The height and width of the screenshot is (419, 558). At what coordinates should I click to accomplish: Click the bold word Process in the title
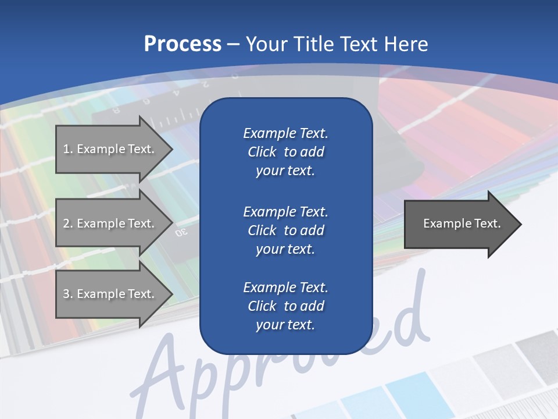click(183, 44)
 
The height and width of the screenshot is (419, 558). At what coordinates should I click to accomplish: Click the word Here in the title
click(405, 44)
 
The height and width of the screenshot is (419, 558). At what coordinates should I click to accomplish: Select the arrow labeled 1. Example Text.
click(110, 149)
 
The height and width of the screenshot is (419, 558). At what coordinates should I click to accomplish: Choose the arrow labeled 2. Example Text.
click(110, 223)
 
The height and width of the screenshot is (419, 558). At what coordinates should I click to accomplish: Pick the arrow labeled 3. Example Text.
click(110, 294)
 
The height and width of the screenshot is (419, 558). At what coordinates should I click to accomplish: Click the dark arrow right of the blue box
click(459, 224)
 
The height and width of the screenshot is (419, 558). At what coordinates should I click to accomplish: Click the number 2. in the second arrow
click(67, 223)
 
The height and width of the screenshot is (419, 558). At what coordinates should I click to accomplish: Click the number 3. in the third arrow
click(67, 294)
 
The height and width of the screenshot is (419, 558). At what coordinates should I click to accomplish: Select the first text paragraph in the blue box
click(285, 152)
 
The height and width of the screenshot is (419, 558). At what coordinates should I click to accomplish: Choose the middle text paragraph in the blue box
click(285, 230)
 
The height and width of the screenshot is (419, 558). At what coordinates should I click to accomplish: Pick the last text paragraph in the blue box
click(285, 306)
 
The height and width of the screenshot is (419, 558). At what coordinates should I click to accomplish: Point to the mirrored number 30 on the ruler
click(181, 232)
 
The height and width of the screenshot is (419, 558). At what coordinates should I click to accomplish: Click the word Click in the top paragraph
click(262, 152)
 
